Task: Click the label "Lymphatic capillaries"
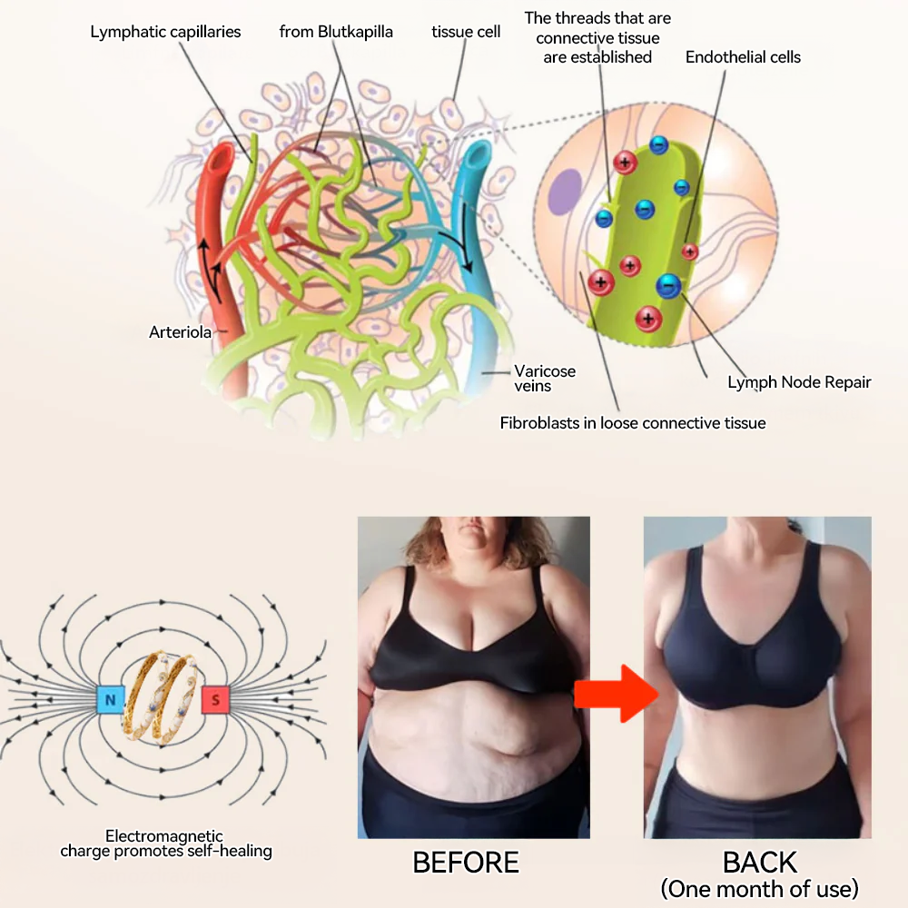pyautogui.click(x=165, y=32)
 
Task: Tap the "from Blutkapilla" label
pyautogui.click(x=336, y=32)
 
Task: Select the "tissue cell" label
pyautogui.click(x=466, y=32)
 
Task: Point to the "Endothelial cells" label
pyautogui.click(x=743, y=57)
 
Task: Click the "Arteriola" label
pyautogui.click(x=180, y=332)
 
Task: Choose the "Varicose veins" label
pyautogui.click(x=545, y=378)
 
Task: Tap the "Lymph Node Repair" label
pyautogui.click(x=799, y=383)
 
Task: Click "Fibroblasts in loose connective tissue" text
pyautogui.click(x=632, y=423)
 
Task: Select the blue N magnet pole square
pyautogui.click(x=110, y=699)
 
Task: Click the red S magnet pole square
pyautogui.click(x=215, y=700)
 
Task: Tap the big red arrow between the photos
pyautogui.click(x=617, y=694)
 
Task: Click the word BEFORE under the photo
pyautogui.click(x=466, y=863)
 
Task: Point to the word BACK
pyautogui.click(x=760, y=863)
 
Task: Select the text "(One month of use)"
pyautogui.click(x=760, y=889)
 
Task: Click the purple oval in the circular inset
pyautogui.click(x=566, y=191)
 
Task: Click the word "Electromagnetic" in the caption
pyautogui.click(x=163, y=836)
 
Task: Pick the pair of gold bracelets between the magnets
pyautogui.click(x=163, y=699)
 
